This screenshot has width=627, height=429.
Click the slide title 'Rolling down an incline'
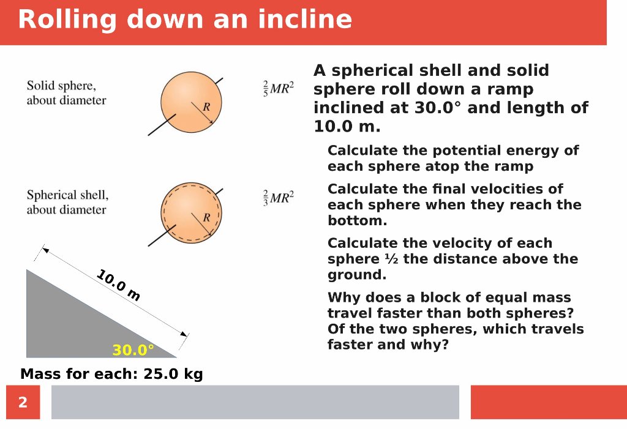[185, 20]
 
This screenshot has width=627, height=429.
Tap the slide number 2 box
[23, 402]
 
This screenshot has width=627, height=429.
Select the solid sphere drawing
[191, 102]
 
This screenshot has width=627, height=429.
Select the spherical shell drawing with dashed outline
[191, 212]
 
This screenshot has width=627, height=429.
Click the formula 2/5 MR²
[279, 88]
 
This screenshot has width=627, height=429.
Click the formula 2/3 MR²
[279, 198]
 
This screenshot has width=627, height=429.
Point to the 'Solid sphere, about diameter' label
[66, 93]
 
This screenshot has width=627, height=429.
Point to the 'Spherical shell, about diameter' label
[67, 203]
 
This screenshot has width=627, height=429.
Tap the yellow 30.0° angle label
[133, 350]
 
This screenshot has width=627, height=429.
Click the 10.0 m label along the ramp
[118, 286]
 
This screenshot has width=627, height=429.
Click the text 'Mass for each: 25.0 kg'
[111, 374]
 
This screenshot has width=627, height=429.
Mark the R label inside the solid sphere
[206, 106]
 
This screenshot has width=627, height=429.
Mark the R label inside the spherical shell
[206, 217]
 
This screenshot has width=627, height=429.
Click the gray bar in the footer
[255, 402]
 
